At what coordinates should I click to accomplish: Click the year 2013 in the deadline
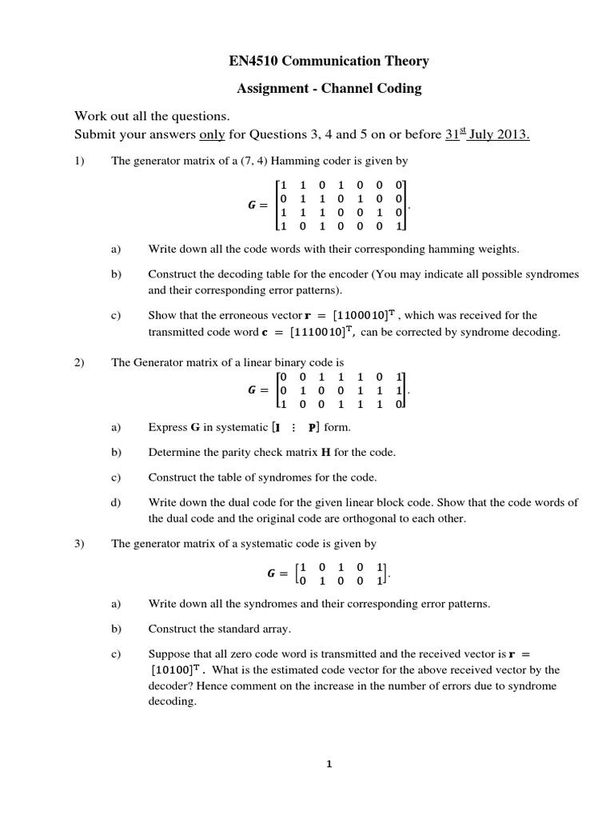coord(512,134)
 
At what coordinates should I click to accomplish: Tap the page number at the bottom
coord(328,764)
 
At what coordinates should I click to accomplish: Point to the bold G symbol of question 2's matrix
coord(253,391)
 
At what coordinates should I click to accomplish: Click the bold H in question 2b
coord(325,453)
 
